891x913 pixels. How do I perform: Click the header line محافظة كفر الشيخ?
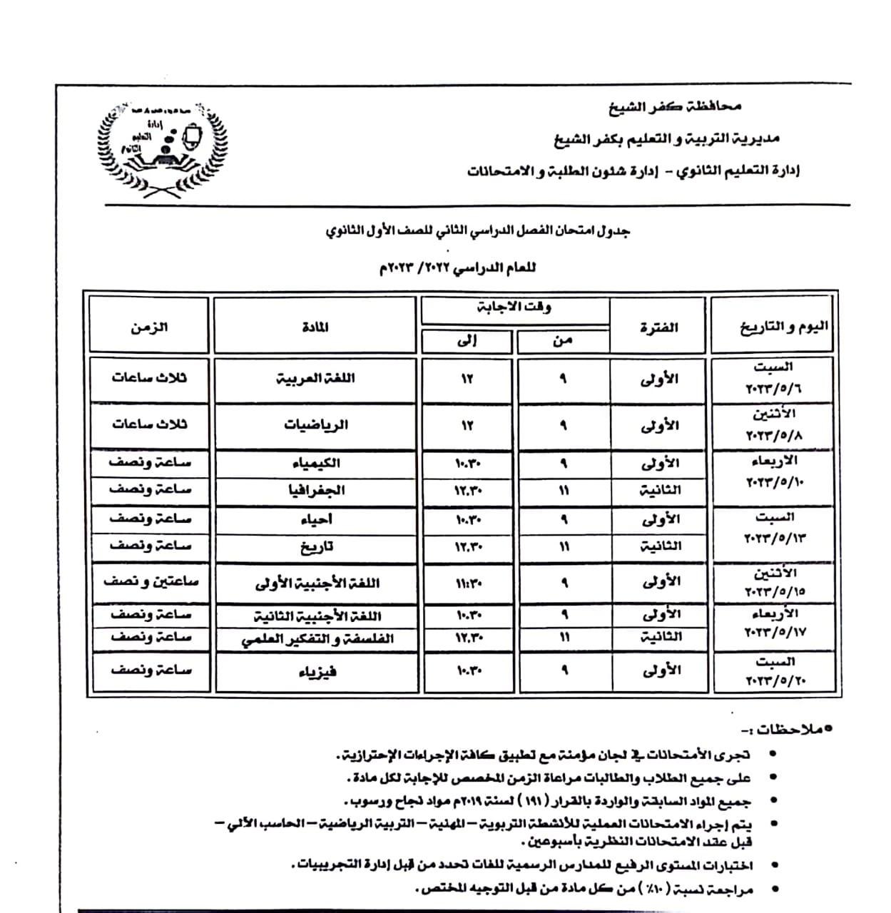click(x=674, y=107)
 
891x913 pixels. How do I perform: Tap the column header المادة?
click(x=315, y=327)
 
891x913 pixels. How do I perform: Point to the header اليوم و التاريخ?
click(x=783, y=327)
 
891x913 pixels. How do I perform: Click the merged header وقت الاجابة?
click(x=514, y=307)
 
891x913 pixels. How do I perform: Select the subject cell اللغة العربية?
click(x=315, y=379)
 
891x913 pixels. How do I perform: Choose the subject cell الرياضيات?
click(x=315, y=425)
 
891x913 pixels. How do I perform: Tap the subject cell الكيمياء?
click(x=315, y=463)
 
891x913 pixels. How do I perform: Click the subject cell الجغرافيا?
click(x=315, y=490)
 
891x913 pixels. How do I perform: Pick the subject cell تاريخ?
click(x=315, y=547)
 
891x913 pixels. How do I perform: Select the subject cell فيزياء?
click(x=315, y=671)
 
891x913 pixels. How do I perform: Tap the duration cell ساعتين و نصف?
click(x=151, y=582)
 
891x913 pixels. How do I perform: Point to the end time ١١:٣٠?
click(x=468, y=583)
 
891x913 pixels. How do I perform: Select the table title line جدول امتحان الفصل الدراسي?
click(x=477, y=232)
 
